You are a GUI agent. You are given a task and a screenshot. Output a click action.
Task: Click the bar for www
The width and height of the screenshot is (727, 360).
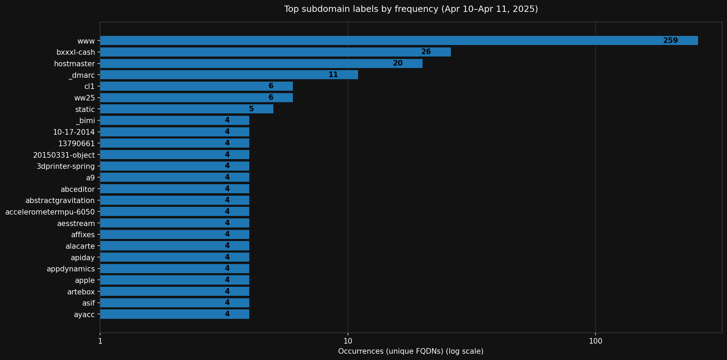(399, 40)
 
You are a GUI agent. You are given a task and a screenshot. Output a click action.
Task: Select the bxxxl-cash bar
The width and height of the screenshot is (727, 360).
(275, 52)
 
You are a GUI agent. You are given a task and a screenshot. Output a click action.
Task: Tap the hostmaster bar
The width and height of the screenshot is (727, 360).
(261, 63)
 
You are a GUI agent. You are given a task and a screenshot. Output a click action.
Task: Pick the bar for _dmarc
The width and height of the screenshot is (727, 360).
(229, 75)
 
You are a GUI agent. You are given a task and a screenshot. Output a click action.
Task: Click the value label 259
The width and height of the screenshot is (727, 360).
(670, 40)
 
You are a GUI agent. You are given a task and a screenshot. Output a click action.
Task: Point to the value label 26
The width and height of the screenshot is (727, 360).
(426, 52)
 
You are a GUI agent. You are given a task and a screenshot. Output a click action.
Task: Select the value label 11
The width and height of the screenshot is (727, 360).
(333, 75)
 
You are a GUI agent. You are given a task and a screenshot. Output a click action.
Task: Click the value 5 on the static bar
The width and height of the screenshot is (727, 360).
(251, 109)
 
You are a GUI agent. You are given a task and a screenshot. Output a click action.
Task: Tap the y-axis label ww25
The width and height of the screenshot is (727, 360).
(84, 98)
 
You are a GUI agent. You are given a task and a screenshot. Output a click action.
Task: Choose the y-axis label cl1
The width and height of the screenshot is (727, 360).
(89, 87)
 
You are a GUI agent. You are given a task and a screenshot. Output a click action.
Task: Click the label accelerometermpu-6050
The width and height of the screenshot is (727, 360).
(50, 212)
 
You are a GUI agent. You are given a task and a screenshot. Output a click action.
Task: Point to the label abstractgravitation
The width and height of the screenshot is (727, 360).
(60, 201)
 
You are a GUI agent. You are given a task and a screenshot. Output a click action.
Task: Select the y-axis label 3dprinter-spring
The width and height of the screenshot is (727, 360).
(66, 166)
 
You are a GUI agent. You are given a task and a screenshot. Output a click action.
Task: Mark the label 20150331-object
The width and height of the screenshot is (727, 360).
(64, 155)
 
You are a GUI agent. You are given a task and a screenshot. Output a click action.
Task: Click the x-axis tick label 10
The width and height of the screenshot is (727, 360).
(348, 341)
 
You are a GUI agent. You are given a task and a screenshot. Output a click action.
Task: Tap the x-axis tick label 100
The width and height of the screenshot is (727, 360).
(595, 341)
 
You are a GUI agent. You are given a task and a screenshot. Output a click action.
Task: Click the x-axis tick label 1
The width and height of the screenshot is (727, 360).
(100, 341)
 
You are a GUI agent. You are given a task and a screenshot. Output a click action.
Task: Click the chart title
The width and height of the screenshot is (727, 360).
(411, 9)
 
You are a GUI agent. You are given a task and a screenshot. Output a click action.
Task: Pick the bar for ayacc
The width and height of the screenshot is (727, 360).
(175, 314)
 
